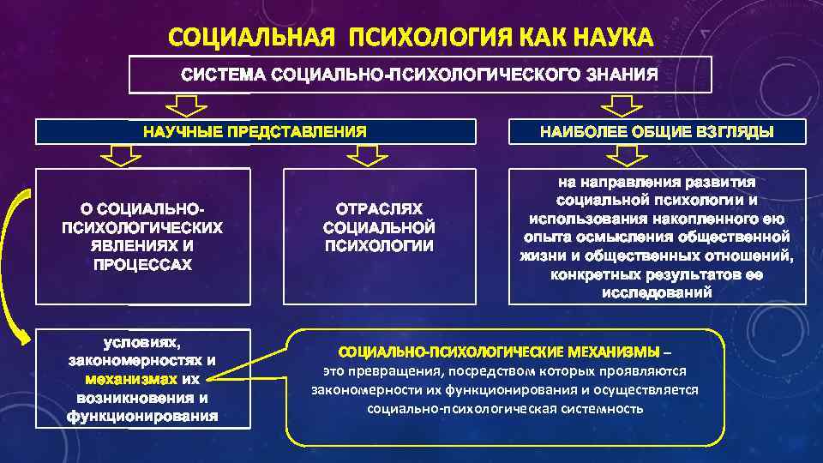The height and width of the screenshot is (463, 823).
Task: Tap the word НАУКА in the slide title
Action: pyautogui.click(x=610, y=39)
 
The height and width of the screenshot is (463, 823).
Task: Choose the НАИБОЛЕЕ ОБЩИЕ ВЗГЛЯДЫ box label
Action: pyautogui.click(x=657, y=132)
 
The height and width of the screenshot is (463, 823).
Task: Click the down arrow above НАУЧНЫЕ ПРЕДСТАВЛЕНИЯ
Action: pyautogui.click(x=186, y=105)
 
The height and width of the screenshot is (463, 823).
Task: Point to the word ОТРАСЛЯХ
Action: pyautogui.click(x=379, y=209)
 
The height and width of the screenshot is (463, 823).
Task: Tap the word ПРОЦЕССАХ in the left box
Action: pyautogui.click(x=142, y=265)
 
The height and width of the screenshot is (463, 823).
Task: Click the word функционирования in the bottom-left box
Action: pyautogui.click(x=142, y=418)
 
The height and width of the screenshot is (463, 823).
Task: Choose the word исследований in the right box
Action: pyautogui.click(x=658, y=293)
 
